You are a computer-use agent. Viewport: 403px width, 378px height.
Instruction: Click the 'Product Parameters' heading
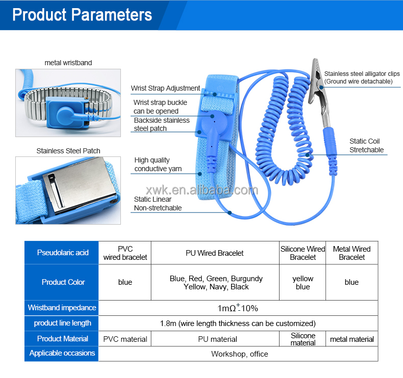click(x=82, y=14)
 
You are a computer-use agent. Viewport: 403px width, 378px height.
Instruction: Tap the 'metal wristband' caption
click(x=68, y=63)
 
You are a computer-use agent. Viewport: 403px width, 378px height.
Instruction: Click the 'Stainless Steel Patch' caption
click(x=68, y=151)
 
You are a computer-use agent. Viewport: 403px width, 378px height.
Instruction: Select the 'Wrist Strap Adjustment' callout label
click(x=165, y=88)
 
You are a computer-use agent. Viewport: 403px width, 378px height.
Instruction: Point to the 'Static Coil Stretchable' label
click(x=366, y=146)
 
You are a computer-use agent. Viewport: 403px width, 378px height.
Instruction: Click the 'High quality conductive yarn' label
click(x=158, y=165)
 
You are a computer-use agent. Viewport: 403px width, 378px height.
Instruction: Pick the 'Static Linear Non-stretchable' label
click(x=158, y=203)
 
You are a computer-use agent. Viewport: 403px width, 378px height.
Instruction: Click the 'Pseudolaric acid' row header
click(x=63, y=253)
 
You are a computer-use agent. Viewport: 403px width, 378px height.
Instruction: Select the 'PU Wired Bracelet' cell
click(x=214, y=253)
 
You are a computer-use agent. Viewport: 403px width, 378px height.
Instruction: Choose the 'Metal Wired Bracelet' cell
click(x=351, y=253)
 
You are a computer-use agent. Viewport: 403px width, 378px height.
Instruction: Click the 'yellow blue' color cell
click(x=303, y=283)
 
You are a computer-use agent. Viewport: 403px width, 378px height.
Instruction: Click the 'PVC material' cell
click(x=125, y=339)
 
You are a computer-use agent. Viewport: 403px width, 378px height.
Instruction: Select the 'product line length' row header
click(x=63, y=323)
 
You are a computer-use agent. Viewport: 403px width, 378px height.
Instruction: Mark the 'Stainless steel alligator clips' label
click(x=362, y=77)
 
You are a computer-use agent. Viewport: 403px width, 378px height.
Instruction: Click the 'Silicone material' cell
click(x=303, y=339)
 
